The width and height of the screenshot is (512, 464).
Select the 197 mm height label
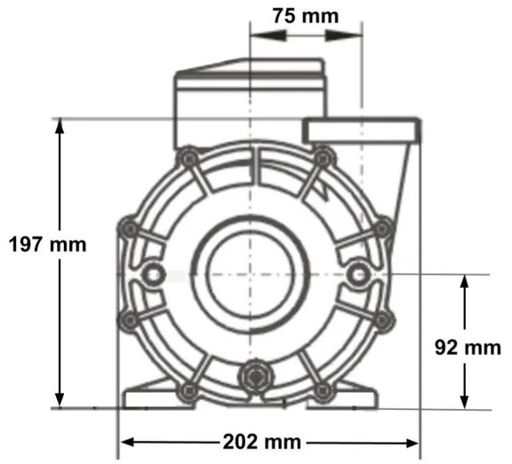(x=47, y=244)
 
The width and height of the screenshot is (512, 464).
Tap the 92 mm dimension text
(x=470, y=348)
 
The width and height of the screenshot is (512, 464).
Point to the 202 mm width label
(x=268, y=442)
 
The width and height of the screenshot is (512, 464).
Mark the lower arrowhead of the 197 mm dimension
(x=60, y=400)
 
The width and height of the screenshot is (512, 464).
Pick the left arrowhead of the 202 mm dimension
(x=128, y=442)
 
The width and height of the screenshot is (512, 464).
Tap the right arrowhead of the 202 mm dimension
(x=411, y=442)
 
